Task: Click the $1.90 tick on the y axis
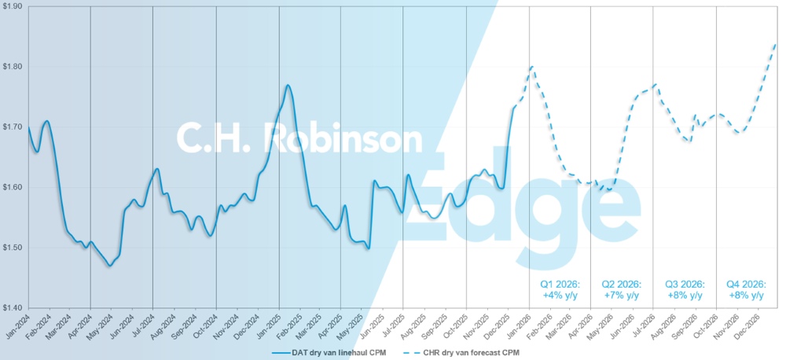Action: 13,6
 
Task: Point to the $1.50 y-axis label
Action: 13,248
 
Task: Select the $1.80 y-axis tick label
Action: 13,67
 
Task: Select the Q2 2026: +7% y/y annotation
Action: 621,289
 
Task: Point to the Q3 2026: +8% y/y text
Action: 684,289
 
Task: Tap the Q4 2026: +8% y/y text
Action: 746,289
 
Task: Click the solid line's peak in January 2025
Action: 288,85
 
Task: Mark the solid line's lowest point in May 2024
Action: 110,266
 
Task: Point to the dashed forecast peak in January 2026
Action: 532,67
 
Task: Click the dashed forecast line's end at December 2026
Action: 777,43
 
